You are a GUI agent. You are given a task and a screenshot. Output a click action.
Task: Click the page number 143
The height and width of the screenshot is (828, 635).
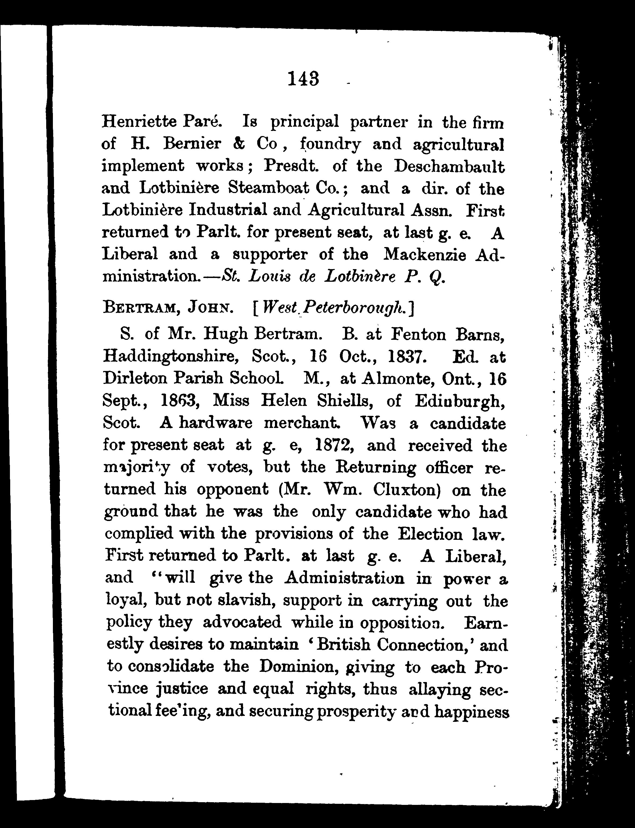click(303, 79)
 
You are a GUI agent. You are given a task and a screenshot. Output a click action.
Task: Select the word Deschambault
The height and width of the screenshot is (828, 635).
click(449, 166)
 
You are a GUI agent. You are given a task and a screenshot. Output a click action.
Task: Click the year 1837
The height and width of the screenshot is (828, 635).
click(408, 356)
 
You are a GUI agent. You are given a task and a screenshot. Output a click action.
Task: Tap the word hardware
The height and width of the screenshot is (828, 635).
click(215, 423)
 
